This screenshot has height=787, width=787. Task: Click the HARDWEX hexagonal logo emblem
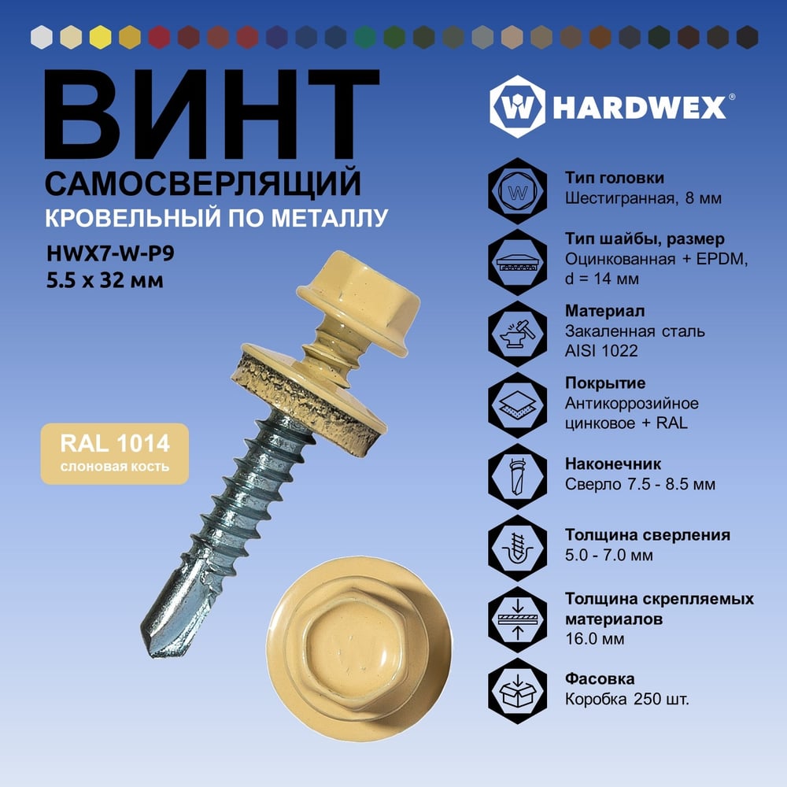click(x=517, y=107)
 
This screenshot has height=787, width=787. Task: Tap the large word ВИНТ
click(x=211, y=114)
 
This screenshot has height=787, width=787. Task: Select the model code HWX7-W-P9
click(x=110, y=253)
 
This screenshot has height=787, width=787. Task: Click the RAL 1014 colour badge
click(x=114, y=453)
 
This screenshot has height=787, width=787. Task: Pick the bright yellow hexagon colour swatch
click(x=101, y=37)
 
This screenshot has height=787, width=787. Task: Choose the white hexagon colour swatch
click(x=42, y=37)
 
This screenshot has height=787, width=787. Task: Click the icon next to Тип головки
click(x=518, y=191)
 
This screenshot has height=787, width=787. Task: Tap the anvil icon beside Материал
click(x=518, y=334)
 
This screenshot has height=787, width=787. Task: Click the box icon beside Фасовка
click(x=518, y=691)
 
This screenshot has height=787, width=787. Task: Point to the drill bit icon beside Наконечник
click(x=518, y=476)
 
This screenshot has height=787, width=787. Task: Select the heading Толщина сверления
click(x=648, y=535)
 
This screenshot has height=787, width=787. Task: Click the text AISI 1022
click(x=601, y=351)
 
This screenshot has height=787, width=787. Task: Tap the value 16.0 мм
click(x=595, y=639)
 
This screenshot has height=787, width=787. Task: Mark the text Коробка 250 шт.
click(x=627, y=699)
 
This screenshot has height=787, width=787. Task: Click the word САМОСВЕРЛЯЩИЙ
click(x=203, y=183)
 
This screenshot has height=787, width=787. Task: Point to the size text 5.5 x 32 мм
click(x=105, y=280)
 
